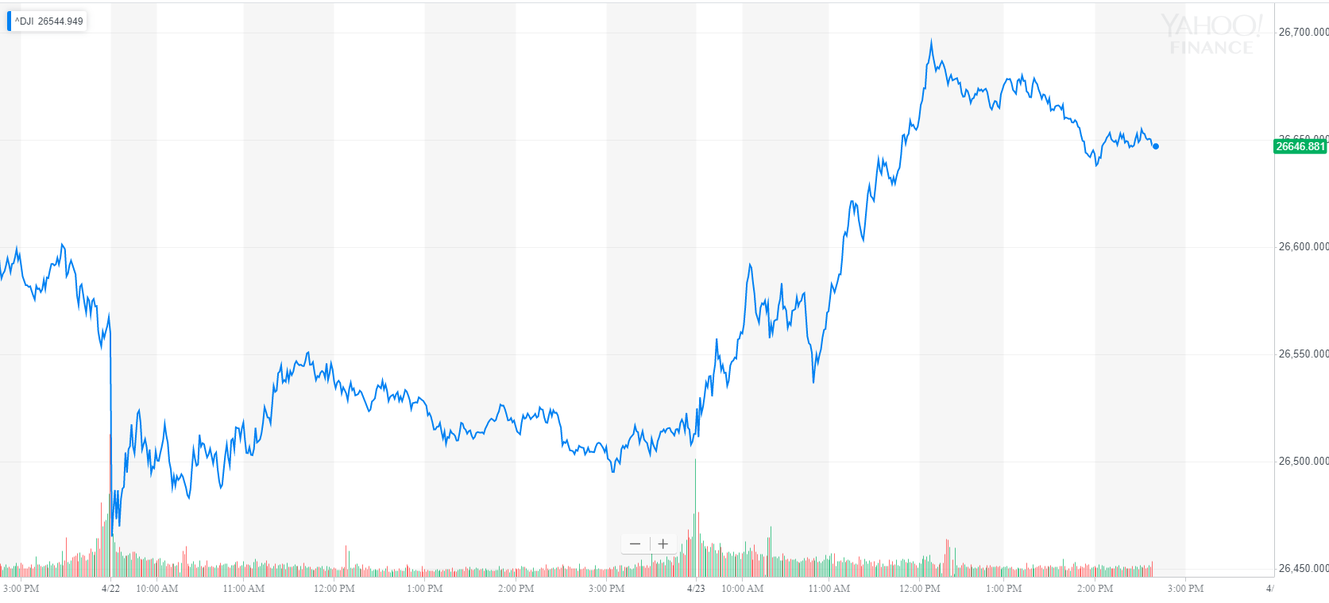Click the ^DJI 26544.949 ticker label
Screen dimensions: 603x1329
click(48, 21)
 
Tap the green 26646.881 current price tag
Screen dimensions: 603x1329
click(1300, 146)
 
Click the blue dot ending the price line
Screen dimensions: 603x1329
click(1156, 146)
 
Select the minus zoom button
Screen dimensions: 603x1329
click(635, 544)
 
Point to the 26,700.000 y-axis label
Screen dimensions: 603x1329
click(1303, 33)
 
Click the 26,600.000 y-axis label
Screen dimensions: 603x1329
click(1303, 247)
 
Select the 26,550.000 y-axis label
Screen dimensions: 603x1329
click(1303, 354)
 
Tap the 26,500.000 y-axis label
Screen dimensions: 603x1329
click(1303, 462)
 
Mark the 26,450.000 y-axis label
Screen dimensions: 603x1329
click(1303, 569)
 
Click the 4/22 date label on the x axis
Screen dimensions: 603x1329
click(111, 589)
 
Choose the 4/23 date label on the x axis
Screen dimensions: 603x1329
click(696, 589)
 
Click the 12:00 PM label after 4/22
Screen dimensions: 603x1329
click(334, 589)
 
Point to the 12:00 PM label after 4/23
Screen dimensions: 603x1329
click(920, 589)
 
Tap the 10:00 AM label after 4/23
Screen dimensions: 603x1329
click(743, 589)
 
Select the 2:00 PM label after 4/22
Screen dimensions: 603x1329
click(516, 589)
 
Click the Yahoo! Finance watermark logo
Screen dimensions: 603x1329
click(1211, 35)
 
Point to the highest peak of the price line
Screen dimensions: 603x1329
click(932, 41)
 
